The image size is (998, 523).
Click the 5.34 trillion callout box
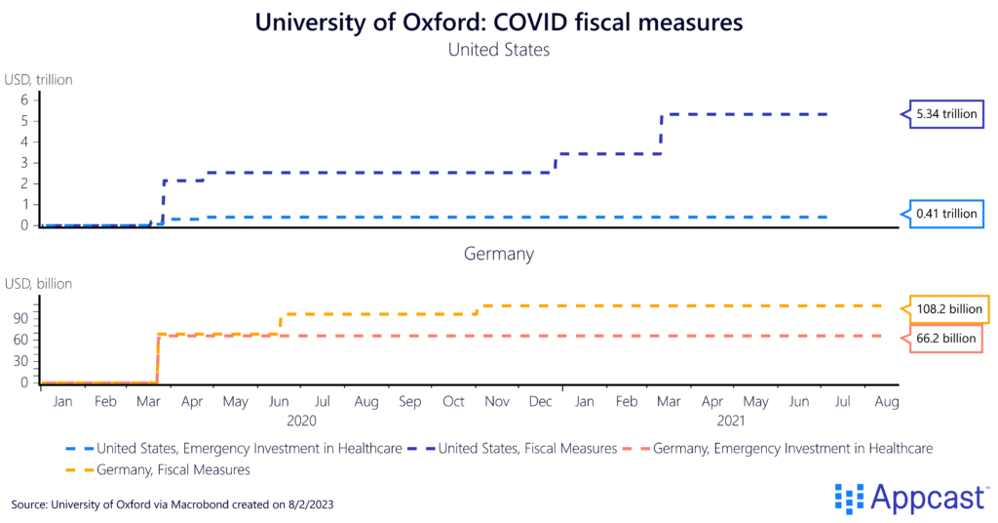[945, 114]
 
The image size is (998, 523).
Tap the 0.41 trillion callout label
[945, 214]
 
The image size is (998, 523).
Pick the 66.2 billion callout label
[945, 338]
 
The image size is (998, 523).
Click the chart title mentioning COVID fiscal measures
[498, 22]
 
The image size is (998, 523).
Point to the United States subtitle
[498, 49]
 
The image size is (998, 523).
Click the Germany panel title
[498, 254]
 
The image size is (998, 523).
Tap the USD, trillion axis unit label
[38, 80]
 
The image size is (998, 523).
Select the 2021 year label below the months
[731, 422]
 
